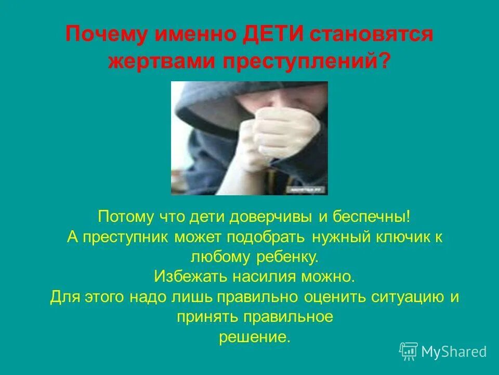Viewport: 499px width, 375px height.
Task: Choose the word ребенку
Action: (x=288, y=256)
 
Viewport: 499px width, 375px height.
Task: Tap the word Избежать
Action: (x=185, y=276)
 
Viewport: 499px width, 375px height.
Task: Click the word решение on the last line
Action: (x=254, y=337)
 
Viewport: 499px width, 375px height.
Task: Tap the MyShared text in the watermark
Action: (x=454, y=352)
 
